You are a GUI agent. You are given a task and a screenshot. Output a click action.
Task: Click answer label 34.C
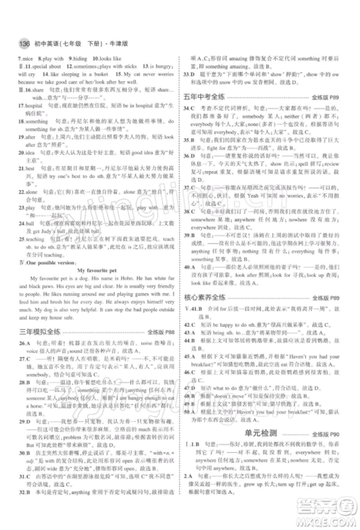coord(192,106)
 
